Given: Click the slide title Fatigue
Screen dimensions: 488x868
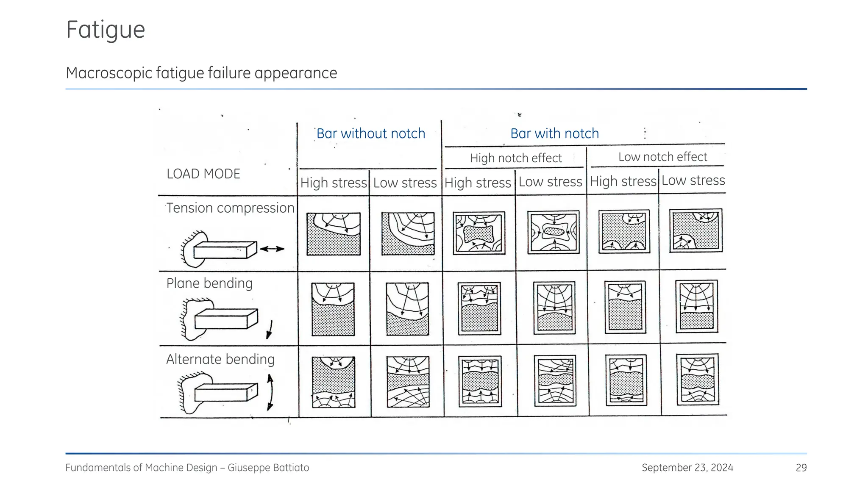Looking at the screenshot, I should click(x=106, y=30).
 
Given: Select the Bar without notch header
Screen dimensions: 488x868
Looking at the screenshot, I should click(x=370, y=133).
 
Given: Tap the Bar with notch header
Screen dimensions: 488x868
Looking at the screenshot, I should click(x=554, y=133).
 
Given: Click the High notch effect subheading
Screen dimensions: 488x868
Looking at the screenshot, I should click(x=516, y=158).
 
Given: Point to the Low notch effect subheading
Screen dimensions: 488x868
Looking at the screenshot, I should click(x=662, y=157).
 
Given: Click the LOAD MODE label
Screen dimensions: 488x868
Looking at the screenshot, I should click(x=203, y=174).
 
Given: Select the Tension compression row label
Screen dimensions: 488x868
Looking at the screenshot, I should click(x=230, y=208).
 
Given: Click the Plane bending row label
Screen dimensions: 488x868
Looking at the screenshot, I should click(x=209, y=283).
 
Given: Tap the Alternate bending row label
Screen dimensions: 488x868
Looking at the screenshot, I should click(x=220, y=359).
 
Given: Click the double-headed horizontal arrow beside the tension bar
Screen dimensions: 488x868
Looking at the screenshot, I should click(x=272, y=249).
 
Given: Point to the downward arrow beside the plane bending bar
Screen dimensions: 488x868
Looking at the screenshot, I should click(x=270, y=330).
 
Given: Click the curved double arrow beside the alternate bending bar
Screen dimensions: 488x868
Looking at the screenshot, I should click(x=270, y=392).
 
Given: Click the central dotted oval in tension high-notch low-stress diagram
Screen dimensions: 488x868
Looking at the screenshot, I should click(x=553, y=232).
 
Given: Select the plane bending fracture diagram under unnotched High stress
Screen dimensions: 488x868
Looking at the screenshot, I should click(x=333, y=309).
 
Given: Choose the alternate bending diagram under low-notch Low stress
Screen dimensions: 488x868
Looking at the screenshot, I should click(x=697, y=380).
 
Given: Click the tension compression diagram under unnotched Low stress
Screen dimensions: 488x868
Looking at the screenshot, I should click(x=408, y=233).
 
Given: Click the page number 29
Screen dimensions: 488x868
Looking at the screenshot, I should click(x=801, y=468).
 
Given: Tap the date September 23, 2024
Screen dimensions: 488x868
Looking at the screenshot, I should click(x=687, y=468).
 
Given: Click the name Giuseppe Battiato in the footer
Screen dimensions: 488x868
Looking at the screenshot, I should click(x=268, y=468).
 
